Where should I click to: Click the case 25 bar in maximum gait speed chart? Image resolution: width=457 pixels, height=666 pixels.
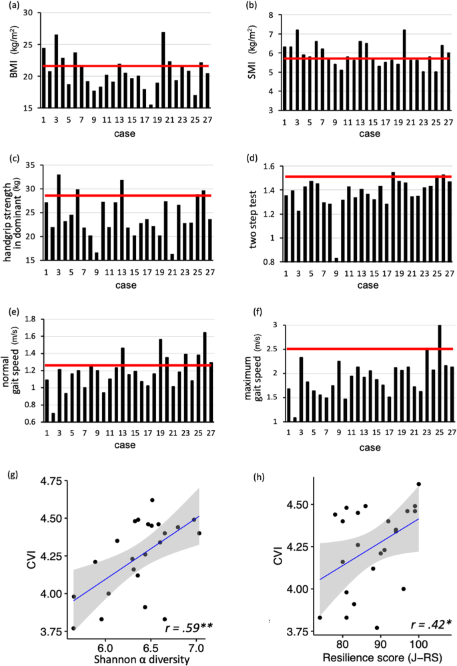[x=439, y=373]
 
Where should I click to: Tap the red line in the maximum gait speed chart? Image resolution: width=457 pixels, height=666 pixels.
[x=367, y=349]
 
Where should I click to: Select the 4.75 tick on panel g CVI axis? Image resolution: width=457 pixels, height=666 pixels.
[x=51, y=481]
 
